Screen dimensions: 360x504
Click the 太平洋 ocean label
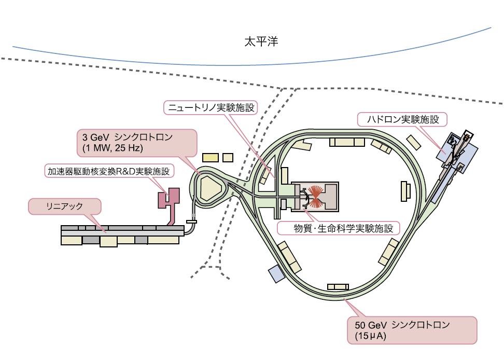pyautogui.click(x=261, y=41)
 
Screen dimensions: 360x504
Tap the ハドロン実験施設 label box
pyautogui.click(x=402, y=120)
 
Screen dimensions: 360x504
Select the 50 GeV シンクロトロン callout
pyautogui.click(x=411, y=330)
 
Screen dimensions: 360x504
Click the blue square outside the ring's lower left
pyautogui.click(x=276, y=274)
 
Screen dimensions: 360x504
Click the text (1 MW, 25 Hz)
pyautogui.click(x=109, y=149)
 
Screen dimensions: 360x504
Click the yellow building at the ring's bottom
pyautogui.click(x=338, y=287)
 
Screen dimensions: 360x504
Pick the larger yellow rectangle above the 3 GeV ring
pyautogui.click(x=211, y=157)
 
